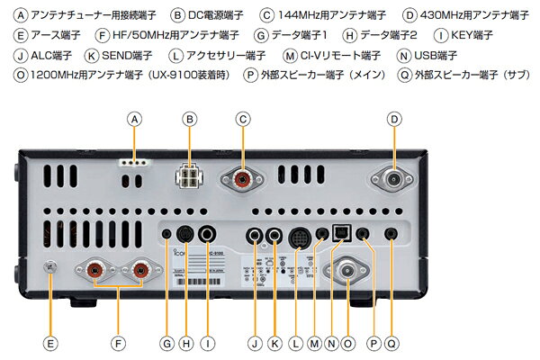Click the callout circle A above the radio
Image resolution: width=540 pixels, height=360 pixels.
pos(135,119)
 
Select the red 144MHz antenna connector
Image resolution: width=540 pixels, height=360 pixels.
pos(242,178)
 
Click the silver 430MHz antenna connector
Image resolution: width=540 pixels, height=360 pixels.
pos(394,178)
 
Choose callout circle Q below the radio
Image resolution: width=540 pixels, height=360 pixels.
pos(391,343)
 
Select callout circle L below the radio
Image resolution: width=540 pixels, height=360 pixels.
pos(297,343)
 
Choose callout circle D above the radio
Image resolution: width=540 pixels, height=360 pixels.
pos(394,119)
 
